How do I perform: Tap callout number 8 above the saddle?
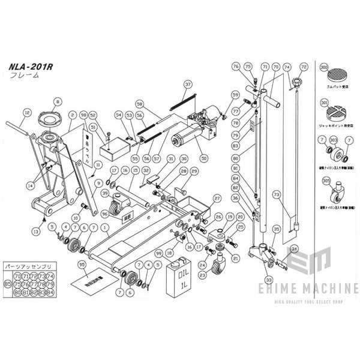(x=58, y=103)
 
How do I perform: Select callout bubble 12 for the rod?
(x=26, y=112)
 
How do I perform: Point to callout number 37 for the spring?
(x=188, y=84)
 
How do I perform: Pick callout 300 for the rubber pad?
(x=325, y=69)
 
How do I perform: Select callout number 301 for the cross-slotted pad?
(x=325, y=103)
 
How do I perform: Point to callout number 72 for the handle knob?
(x=304, y=67)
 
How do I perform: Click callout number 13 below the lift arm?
(x=36, y=231)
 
